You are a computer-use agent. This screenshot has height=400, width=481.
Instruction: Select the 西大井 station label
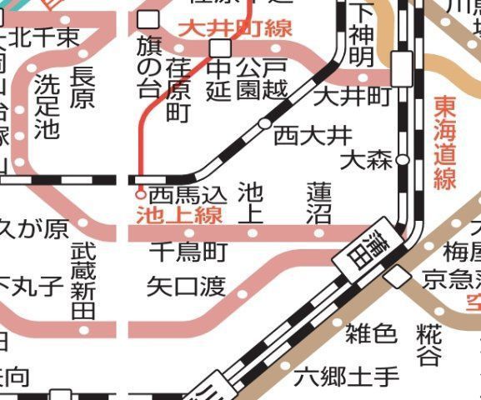[313, 133]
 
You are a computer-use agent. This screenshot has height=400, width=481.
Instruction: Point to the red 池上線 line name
[179, 215]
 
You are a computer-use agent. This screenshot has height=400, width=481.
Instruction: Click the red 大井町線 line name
[235, 28]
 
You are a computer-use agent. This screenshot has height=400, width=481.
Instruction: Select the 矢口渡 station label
[186, 287]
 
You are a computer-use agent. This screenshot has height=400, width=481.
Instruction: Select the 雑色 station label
[371, 334]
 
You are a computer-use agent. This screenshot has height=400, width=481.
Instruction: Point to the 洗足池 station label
[48, 107]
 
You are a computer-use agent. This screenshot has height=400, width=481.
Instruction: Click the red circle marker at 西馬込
[141, 194]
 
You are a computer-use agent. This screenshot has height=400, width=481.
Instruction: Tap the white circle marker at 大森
[402, 159]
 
